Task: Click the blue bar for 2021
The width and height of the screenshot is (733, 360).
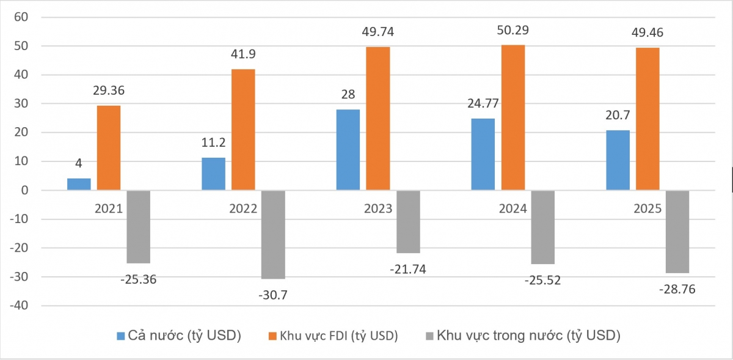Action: tap(79, 184)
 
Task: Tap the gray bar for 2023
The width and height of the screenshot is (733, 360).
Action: tap(408, 221)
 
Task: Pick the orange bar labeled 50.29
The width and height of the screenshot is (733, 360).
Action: tap(512, 117)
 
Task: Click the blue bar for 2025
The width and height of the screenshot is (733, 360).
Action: tap(618, 160)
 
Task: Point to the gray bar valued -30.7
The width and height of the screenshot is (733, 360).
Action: tap(273, 234)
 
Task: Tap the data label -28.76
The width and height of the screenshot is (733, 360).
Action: tap(677, 289)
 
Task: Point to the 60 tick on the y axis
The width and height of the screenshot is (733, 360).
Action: tap(21, 17)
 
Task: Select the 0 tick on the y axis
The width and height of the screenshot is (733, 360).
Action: tap(25, 190)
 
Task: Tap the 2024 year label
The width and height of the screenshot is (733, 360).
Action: tap(513, 208)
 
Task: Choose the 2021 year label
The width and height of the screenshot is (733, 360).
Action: tap(109, 208)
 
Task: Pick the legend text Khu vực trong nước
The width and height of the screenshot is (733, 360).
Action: tap(529, 336)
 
